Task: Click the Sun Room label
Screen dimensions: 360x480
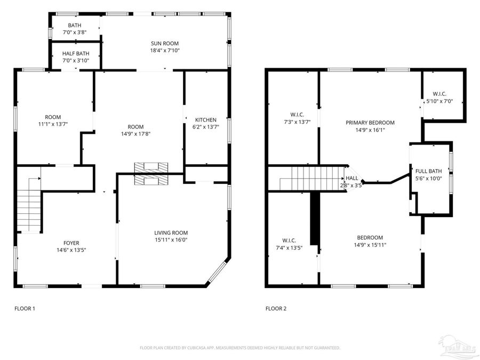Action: (164, 43)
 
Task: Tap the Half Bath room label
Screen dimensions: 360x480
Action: (76, 54)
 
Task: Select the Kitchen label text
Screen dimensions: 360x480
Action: (206, 120)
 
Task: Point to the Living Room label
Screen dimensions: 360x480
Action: (171, 233)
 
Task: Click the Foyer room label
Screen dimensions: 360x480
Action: (68, 243)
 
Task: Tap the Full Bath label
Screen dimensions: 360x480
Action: (429, 171)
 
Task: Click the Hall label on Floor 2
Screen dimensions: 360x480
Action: (352, 178)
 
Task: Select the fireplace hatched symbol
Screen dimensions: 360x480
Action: (151, 173)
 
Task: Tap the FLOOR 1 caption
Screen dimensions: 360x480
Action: (25, 308)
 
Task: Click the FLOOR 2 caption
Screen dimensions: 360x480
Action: (276, 308)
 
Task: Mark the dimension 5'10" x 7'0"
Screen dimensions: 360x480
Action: (439, 101)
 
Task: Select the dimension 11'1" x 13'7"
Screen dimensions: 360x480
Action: (53, 124)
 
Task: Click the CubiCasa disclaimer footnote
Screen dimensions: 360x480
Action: (240, 348)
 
